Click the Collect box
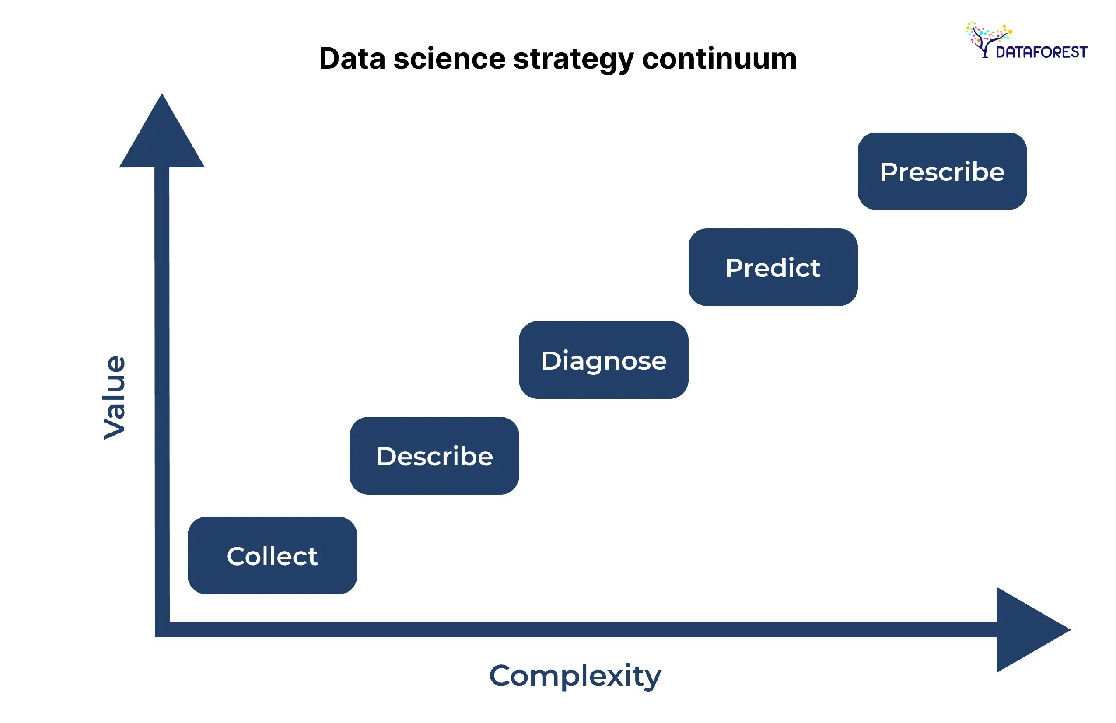(272, 555)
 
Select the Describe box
(434, 455)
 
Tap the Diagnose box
(603, 360)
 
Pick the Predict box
(773, 267)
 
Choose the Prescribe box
(942, 171)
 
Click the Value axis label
(114, 397)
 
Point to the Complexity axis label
(575, 676)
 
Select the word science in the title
(449, 59)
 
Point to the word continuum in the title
(719, 59)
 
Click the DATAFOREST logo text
(1041, 52)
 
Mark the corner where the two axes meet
(162, 629)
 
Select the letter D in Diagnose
(551, 360)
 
